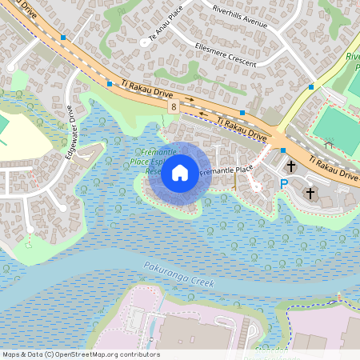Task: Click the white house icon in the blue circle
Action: (x=180, y=173)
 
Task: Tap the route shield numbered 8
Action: (x=173, y=106)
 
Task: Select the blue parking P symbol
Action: (x=283, y=184)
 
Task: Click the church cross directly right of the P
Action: (x=310, y=193)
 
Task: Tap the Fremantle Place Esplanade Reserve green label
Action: (x=147, y=161)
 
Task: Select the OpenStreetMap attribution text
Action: (x=81, y=354)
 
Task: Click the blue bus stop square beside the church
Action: (x=283, y=150)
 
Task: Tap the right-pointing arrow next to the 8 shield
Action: (x=190, y=100)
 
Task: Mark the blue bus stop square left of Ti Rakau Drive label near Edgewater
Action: (x=109, y=82)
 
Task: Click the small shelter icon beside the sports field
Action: (x=329, y=146)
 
